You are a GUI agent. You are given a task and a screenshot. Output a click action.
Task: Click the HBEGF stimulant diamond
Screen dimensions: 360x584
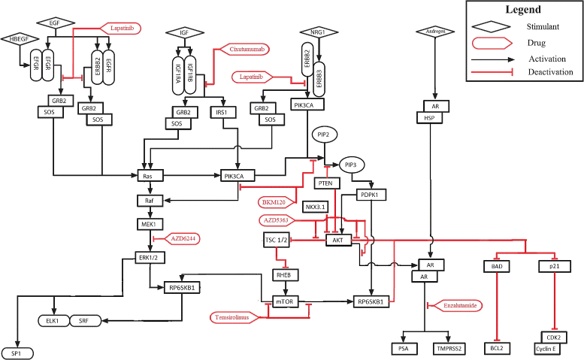(x=16, y=38)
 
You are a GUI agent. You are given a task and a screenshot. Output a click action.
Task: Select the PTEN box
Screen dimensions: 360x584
(x=325, y=183)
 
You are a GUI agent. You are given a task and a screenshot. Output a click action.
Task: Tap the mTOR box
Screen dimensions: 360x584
(x=286, y=301)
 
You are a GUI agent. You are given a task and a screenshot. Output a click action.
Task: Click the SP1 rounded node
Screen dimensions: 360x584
(x=16, y=352)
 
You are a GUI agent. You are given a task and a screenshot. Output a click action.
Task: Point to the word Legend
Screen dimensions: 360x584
(x=522, y=10)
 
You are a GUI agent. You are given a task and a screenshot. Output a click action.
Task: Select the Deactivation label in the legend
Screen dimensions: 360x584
(x=550, y=71)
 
